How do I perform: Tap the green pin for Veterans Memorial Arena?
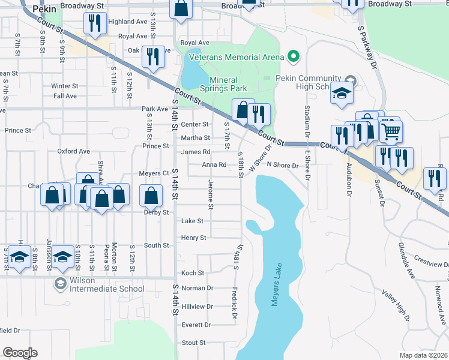pos(293,57)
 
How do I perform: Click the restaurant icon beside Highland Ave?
pos(95,23)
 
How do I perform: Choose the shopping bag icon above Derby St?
pos(151,194)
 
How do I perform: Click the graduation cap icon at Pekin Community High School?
pos(342,94)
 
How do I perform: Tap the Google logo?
pos(20,353)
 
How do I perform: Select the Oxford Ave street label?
pos(73,151)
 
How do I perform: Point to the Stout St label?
pos(193,343)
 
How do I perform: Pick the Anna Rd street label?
pos(214,164)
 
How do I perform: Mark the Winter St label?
pos(65,86)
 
